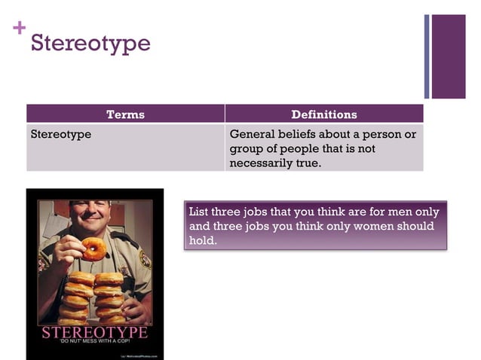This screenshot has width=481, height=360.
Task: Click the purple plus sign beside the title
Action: click(x=19, y=28)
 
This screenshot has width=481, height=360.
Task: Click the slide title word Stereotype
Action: click(x=90, y=43)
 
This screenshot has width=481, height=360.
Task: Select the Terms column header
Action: click(x=125, y=114)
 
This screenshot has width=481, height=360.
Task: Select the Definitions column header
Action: click(x=324, y=114)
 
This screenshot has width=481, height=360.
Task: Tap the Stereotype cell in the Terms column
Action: click(x=60, y=135)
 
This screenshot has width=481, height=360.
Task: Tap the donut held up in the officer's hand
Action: click(x=94, y=248)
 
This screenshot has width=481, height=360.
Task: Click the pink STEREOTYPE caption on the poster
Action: click(x=94, y=333)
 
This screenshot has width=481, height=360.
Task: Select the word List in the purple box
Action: click(x=199, y=212)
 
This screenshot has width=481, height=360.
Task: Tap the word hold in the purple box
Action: click(x=201, y=241)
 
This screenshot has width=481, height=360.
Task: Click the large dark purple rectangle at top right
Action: click(x=449, y=56)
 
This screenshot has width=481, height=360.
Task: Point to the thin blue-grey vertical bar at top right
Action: click(x=427, y=56)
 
